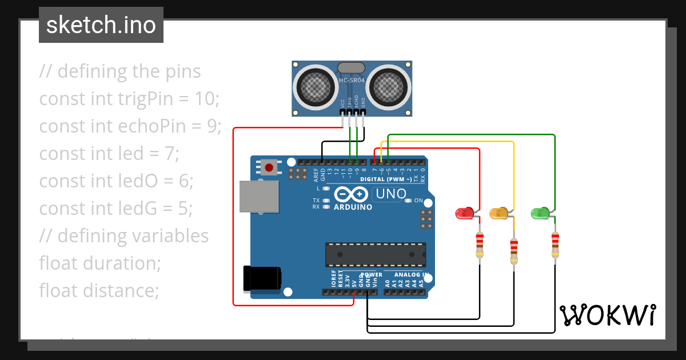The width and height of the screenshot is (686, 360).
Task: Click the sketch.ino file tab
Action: point(101,25)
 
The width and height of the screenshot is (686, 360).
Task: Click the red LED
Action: point(464,213)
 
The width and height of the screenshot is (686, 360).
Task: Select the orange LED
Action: point(498,213)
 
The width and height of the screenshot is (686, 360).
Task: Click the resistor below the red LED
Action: point(480,245)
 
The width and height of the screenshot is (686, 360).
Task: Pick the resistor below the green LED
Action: point(555,245)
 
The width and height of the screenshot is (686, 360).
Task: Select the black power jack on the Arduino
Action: point(261,278)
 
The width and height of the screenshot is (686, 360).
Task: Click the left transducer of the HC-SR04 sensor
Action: point(314,87)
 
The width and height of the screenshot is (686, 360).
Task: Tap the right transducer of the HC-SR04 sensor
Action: point(390,87)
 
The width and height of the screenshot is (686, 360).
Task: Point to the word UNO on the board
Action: point(390,194)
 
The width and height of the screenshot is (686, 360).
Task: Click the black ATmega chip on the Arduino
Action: point(376,255)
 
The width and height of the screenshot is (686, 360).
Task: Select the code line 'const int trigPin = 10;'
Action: point(129,99)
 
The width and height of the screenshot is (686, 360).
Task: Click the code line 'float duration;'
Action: point(100,263)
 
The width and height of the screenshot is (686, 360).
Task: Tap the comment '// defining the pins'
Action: point(120,71)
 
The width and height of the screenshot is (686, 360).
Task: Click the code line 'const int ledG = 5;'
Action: point(115,209)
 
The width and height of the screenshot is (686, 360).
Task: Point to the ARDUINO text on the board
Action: point(353,207)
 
